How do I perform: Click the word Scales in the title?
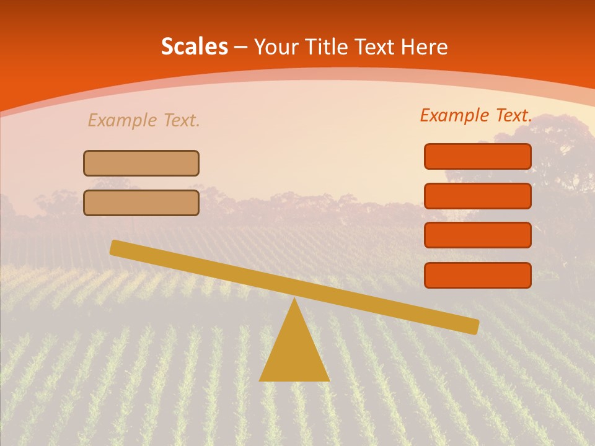click(x=194, y=46)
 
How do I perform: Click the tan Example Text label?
click(x=144, y=120)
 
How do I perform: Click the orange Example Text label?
click(x=476, y=115)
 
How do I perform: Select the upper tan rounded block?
click(x=141, y=163)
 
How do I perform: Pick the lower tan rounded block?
click(x=141, y=203)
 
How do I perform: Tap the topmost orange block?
click(x=478, y=156)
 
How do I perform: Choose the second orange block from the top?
click(x=478, y=196)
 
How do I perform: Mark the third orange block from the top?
click(x=478, y=235)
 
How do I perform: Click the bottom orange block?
click(x=478, y=275)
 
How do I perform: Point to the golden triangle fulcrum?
click(x=294, y=353)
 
